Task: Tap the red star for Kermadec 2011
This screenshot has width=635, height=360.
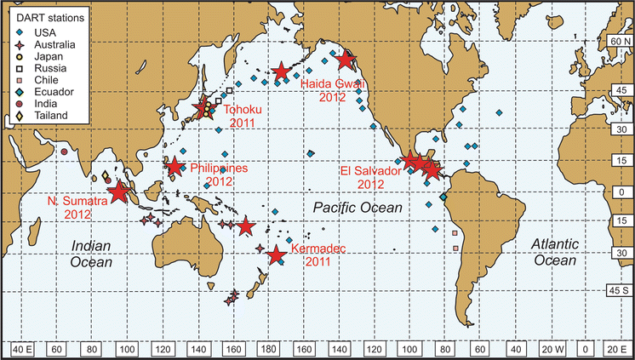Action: pos(276,254)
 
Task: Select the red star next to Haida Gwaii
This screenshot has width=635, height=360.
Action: pos(345,60)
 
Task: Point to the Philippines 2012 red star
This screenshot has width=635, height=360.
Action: pos(174,166)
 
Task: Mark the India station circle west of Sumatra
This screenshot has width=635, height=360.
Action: pos(65,152)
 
